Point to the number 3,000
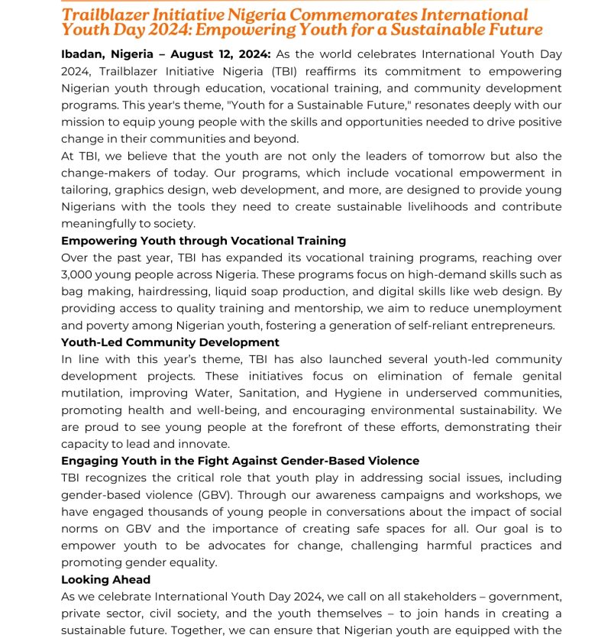click(79, 274)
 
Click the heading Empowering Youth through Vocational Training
click(203, 241)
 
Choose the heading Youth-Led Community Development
click(170, 342)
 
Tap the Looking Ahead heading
click(105, 579)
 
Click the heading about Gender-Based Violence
click(240, 461)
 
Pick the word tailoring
click(85, 189)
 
